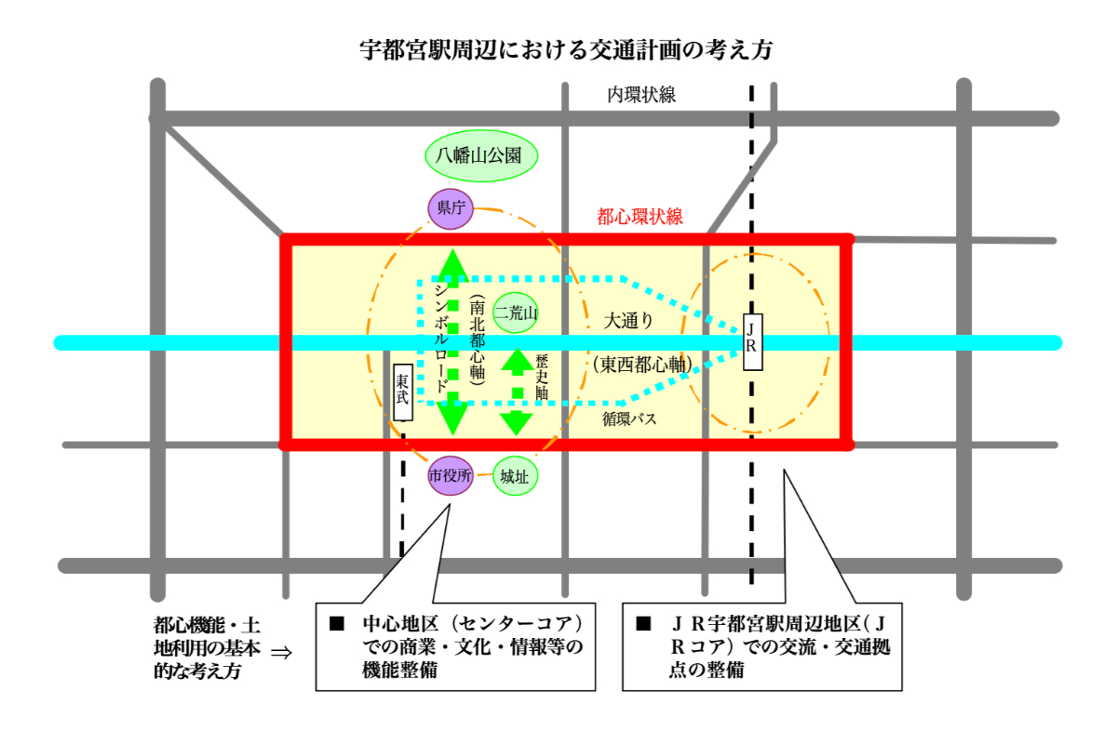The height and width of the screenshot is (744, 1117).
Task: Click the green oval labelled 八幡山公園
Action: pyautogui.click(x=481, y=155)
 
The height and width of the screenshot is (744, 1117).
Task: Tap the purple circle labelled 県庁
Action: pyautogui.click(x=451, y=208)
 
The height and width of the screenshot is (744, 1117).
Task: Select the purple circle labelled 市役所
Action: pyautogui.click(x=451, y=476)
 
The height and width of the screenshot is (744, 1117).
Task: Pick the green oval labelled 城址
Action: pyautogui.click(x=515, y=476)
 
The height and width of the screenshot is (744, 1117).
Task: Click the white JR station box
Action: pyautogui.click(x=752, y=342)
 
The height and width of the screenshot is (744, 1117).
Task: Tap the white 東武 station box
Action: pyautogui.click(x=402, y=391)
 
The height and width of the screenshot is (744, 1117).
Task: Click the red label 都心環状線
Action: pyautogui.click(x=639, y=218)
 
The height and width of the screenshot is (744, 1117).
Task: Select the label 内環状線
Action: pyautogui.click(x=641, y=94)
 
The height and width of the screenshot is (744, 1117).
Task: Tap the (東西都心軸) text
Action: pyautogui.click(x=641, y=365)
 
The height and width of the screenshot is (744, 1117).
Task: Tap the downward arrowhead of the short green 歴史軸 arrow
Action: pyautogui.click(x=517, y=423)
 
